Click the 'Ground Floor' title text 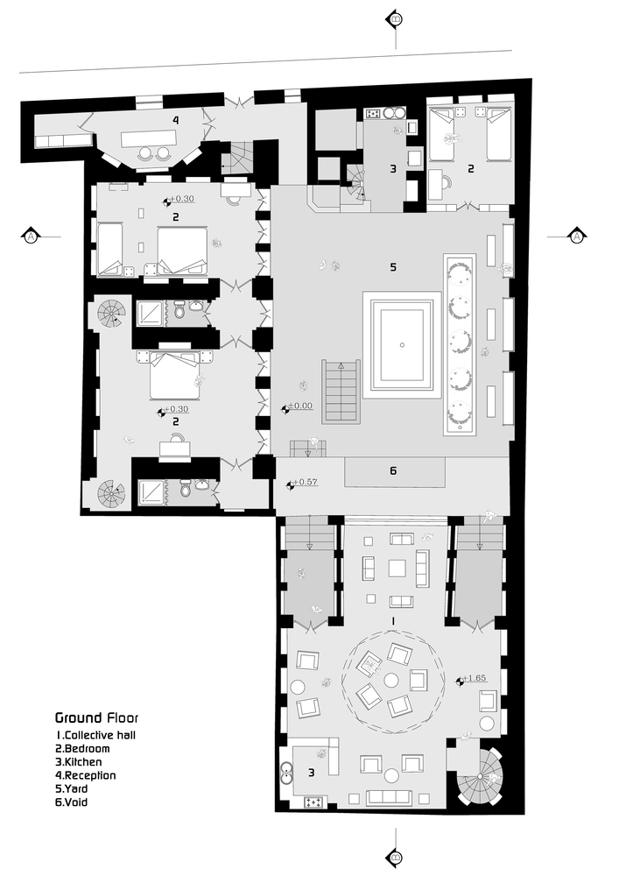[x=96, y=718]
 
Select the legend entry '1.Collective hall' [x=95, y=735]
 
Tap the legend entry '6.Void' [x=72, y=802]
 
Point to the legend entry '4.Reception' [x=86, y=775]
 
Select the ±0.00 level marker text [x=299, y=406]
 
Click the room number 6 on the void [x=393, y=471]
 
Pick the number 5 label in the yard [x=393, y=267]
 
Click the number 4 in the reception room [x=175, y=120]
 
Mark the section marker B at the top [x=395, y=19]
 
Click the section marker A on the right [x=577, y=237]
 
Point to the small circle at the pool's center [x=402, y=344]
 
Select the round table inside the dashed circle [x=392, y=679]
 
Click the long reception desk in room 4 [x=149, y=138]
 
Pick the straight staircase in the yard [x=341, y=392]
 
